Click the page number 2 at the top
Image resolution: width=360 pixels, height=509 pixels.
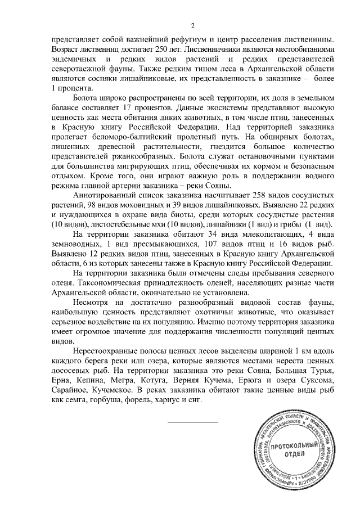coord(192,25)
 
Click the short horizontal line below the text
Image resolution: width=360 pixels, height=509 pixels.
coord(192,421)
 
